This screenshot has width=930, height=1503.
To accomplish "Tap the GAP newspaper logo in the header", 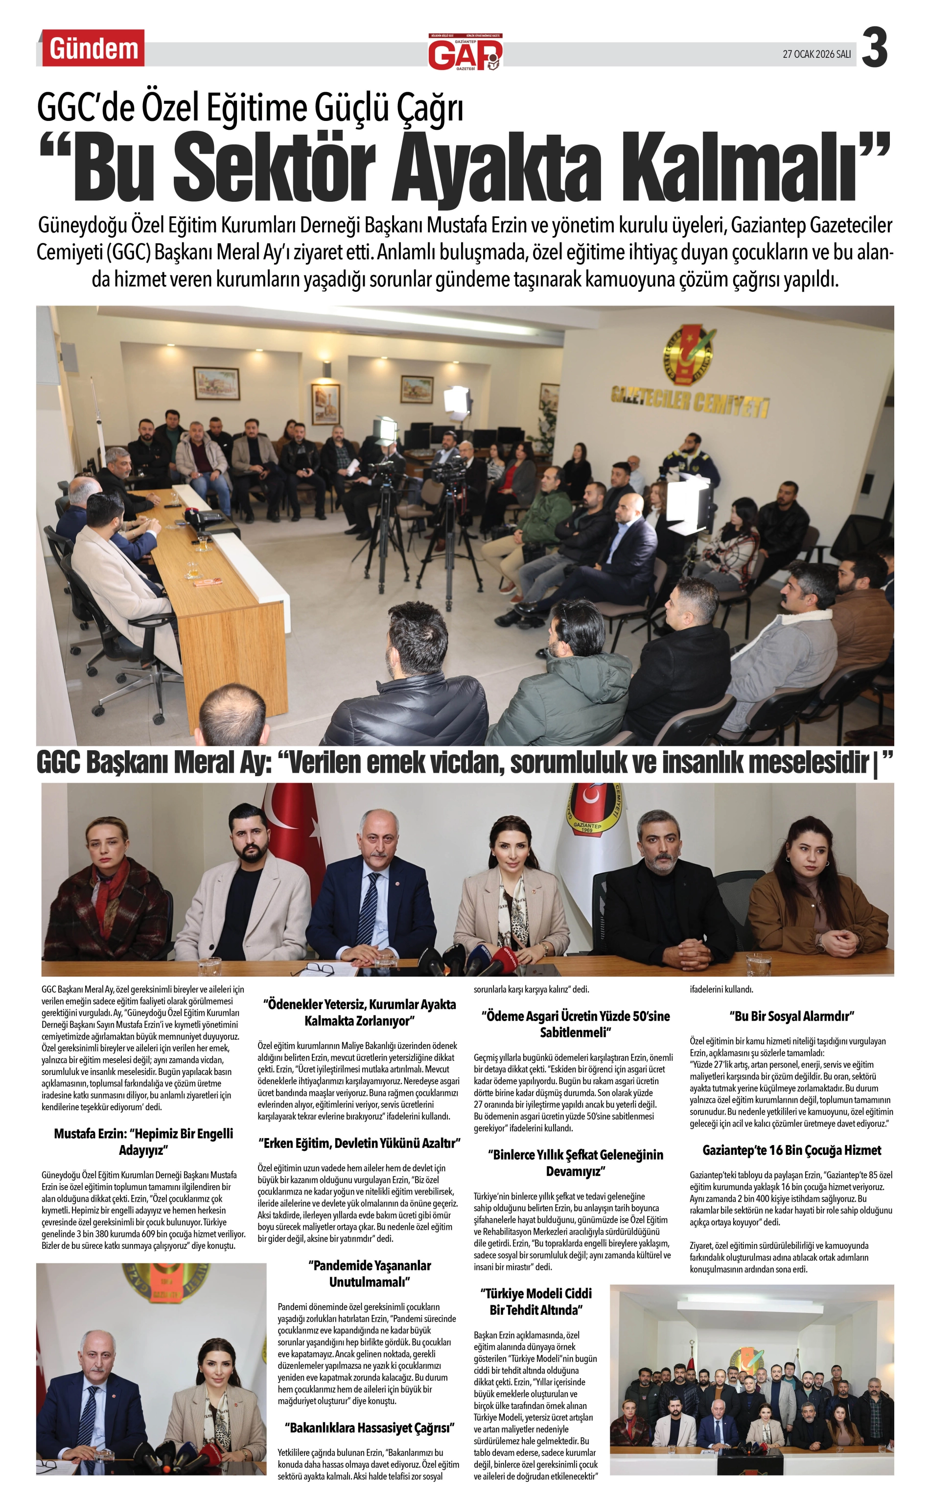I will click(465, 52).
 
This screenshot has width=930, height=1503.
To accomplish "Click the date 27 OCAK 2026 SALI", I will click(817, 54).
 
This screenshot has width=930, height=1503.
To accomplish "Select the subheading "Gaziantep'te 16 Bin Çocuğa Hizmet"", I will click(791, 1150).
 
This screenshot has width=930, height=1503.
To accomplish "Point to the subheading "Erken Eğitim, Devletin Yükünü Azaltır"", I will click(359, 1143).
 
